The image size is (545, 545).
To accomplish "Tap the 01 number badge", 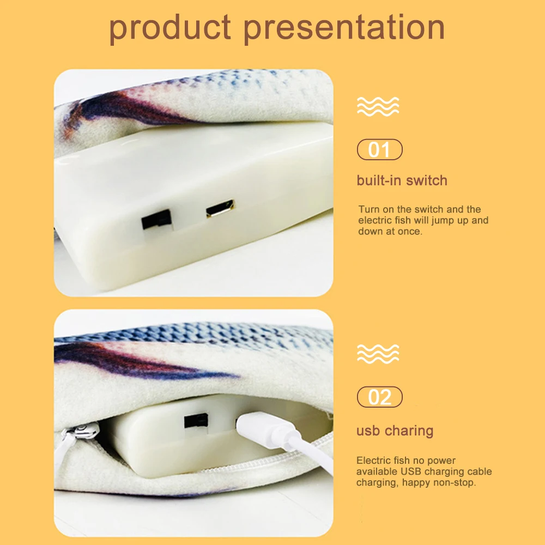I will [x=379, y=149].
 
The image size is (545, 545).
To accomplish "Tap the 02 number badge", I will [x=379, y=397].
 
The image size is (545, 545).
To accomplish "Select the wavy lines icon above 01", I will [x=378, y=106].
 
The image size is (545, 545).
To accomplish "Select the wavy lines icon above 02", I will [x=378, y=354].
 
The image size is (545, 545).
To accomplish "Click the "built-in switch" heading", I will [x=402, y=180].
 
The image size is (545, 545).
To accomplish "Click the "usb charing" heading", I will [x=395, y=431].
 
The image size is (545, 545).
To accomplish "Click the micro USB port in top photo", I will [x=220, y=209].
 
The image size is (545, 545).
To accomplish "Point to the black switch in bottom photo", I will [x=196, y=420].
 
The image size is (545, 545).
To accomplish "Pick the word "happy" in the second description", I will [x=413, y=482].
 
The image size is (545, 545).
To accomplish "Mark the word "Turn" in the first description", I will [x=368, y=209].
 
